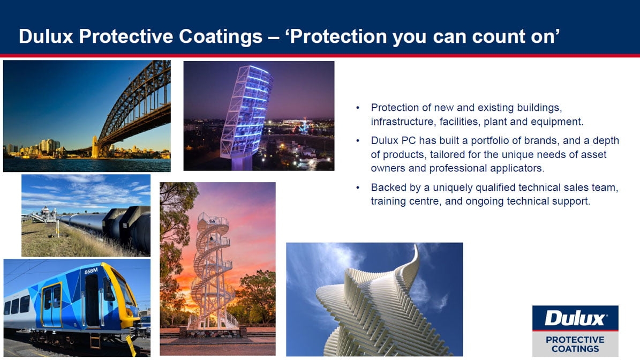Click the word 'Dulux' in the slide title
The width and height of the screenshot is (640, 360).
(46, 36)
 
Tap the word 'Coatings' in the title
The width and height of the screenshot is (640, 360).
(221, 37)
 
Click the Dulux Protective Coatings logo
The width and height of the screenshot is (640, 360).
(575, 331)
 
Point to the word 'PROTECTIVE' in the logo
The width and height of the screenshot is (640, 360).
(575, 340)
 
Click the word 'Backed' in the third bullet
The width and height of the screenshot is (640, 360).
(387, 187)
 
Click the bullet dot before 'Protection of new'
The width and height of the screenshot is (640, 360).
(358, 108)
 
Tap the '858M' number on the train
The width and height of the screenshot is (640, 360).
(91, 271)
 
